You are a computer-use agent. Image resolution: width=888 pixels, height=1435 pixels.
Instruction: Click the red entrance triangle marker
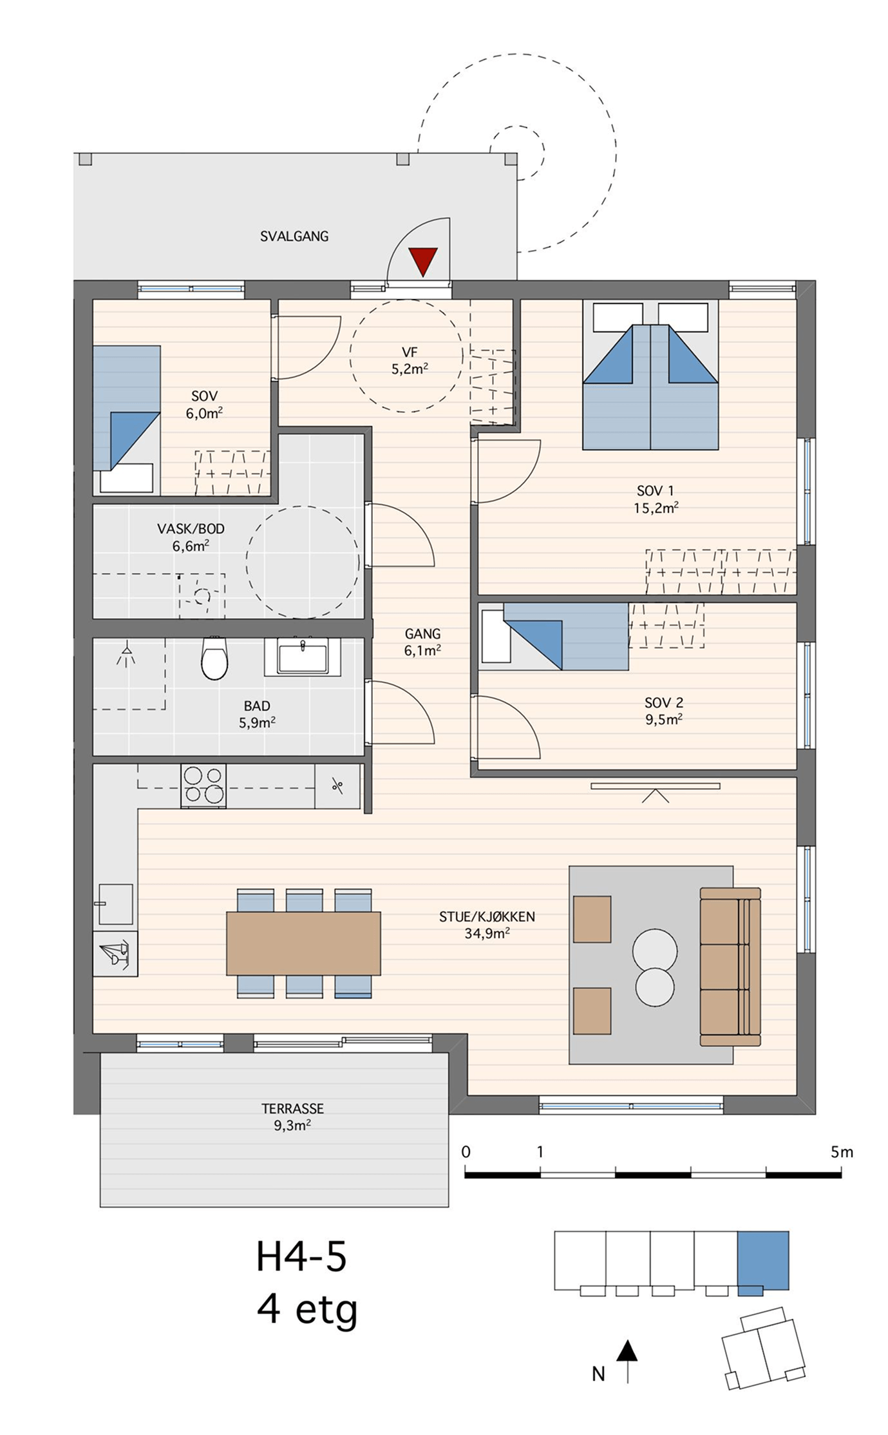tap(423, 261)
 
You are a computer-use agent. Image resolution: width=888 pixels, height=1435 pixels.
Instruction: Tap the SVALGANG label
tap(294, 236)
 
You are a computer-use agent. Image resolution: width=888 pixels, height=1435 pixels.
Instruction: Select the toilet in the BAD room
tap(214, 658)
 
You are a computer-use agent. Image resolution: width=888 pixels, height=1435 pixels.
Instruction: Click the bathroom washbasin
tap(303, 657)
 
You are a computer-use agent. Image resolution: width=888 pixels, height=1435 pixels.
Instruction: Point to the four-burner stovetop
tap(203, 785)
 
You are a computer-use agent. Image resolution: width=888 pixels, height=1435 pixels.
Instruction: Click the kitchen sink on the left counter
tap(115, 904)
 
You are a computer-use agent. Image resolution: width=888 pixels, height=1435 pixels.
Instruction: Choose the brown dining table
tap(303, 943)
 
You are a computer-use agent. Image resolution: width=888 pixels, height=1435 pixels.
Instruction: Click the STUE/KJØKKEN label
tap(487, 916)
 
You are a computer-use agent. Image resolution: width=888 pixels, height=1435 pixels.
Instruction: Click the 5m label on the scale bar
tap(842, 1151)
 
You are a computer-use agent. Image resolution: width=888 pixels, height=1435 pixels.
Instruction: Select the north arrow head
tap(627, 1352)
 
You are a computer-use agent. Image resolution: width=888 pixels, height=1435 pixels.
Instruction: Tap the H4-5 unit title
tap(301, 1257)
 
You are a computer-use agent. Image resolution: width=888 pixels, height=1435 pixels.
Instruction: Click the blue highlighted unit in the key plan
tap(763, 1261)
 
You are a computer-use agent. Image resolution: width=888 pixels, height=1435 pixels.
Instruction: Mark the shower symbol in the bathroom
tap(127, 651)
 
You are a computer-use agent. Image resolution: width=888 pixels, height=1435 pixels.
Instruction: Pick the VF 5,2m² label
tap(410, 361)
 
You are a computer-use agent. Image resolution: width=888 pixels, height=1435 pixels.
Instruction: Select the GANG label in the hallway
tap(422, 634)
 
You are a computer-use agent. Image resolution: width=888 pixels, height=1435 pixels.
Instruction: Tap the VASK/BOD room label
tap(191, 530)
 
